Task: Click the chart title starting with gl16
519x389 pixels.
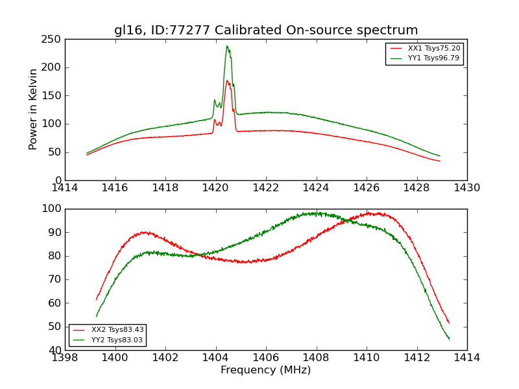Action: click(x=266, y=30)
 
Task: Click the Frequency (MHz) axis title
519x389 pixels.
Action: click(x=266, y=370)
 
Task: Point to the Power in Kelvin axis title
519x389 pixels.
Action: click(x=33, y=109)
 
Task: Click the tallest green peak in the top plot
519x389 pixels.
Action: click(x=227, y=46)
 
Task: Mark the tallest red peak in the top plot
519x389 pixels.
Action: click(x=227, y=81)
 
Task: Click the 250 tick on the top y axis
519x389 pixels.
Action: click(x=53, y=39)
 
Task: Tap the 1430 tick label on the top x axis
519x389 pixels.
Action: click(x=467, y=188)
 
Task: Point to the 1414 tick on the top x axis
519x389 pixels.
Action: click(x=66, y=188)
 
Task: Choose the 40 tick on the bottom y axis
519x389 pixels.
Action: click(x=54, y=350)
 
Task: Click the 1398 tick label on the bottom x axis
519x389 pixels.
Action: click(x=66, y=358)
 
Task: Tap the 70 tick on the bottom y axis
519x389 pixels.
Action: click(x=54, y=279)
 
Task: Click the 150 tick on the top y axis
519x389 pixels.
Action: click(x=53, y=95)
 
